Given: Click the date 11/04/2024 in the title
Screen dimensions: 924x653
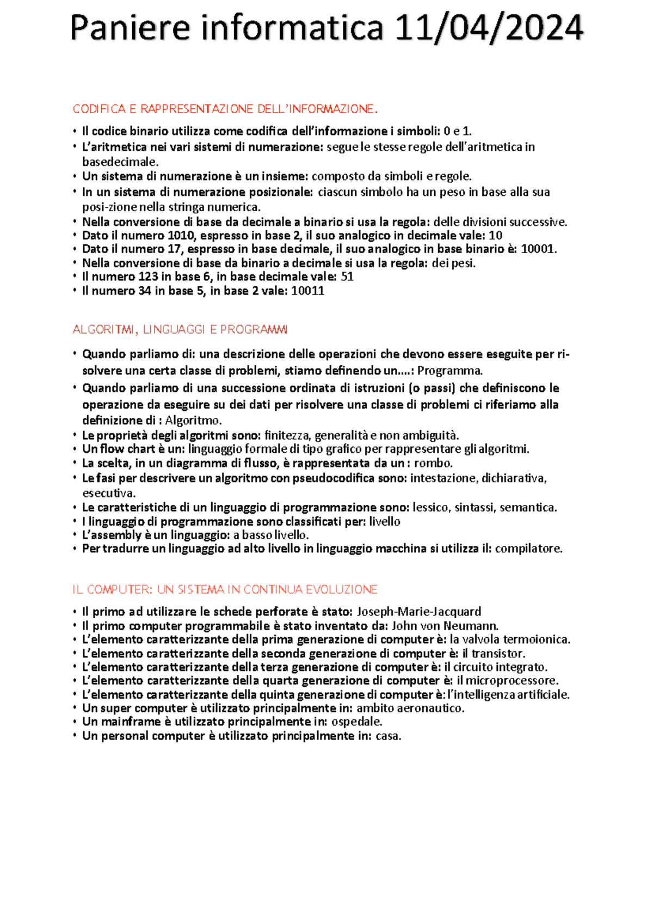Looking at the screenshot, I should point(488,28).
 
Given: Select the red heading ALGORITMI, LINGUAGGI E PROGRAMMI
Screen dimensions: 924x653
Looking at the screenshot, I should point(180,330).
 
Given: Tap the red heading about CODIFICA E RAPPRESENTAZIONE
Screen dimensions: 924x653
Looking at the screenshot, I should point(225,109).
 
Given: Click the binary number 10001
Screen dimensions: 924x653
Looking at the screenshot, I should point(537,249).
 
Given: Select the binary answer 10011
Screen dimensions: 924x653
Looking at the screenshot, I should point(307,291).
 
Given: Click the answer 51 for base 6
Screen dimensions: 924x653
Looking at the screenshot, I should point(347,276).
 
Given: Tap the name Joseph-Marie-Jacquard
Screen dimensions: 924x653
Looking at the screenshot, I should point(418,612).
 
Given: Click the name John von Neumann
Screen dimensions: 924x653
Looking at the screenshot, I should point(445,626).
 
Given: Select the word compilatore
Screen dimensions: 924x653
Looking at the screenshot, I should point(527,549).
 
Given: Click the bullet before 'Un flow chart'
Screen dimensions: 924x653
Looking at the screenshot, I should point(75,449).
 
